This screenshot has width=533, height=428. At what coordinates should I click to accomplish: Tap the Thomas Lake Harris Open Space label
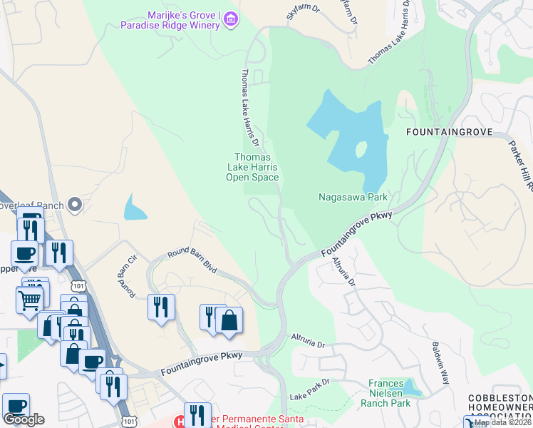click(252, 167)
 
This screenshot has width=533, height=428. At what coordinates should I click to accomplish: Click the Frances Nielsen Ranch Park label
click(390, 393)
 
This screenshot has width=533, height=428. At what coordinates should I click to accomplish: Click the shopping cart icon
click(30, 299)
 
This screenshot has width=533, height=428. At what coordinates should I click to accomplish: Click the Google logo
click(24, 419)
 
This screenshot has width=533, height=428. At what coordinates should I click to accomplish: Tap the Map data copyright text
click(503, 422)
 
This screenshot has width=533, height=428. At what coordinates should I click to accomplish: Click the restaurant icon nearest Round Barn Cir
click(161, 307)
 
